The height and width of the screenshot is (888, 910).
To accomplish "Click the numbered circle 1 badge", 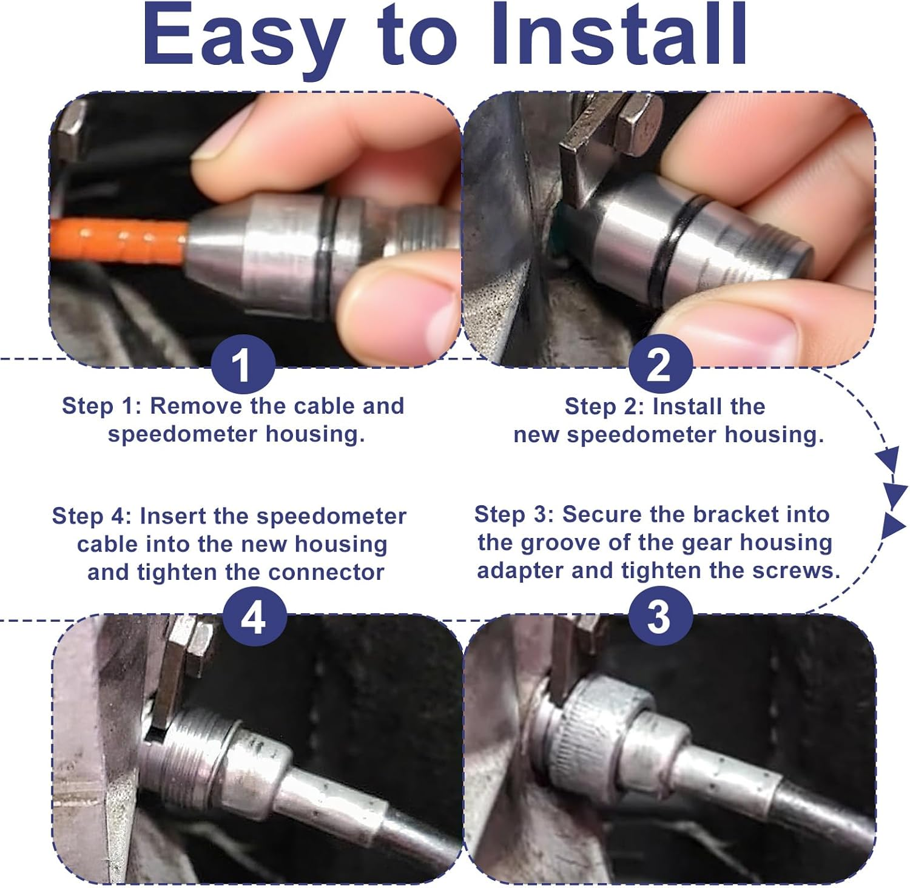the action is coord(243,365).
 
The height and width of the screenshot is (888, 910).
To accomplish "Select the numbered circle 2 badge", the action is coord(660,365).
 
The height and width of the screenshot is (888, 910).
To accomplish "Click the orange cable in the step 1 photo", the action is coord(118,241).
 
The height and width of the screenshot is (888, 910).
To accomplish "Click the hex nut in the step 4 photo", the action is coord(197,646).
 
